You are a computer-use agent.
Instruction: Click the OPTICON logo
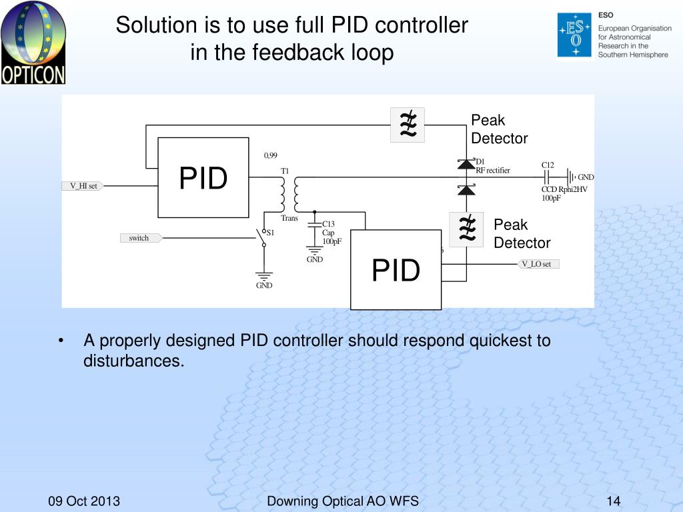33,42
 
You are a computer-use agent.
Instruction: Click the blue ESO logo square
575,35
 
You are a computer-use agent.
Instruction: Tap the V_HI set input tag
83,186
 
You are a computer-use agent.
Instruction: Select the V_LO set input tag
538,264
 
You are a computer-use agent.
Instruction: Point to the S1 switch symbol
263,237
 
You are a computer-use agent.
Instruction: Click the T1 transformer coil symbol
289,194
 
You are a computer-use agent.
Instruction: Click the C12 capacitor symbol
547,177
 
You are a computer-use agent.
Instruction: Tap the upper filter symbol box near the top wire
408,125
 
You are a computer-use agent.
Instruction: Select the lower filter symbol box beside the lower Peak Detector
466,229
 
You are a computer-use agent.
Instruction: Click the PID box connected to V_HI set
203,177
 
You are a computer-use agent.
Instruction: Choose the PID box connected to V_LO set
396,270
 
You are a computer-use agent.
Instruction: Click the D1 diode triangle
466,164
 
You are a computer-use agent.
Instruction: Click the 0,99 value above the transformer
271,155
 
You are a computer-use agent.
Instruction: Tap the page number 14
614,501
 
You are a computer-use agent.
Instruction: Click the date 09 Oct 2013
84,501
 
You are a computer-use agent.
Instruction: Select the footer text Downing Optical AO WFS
343,501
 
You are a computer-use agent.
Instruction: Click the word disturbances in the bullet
133,361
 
